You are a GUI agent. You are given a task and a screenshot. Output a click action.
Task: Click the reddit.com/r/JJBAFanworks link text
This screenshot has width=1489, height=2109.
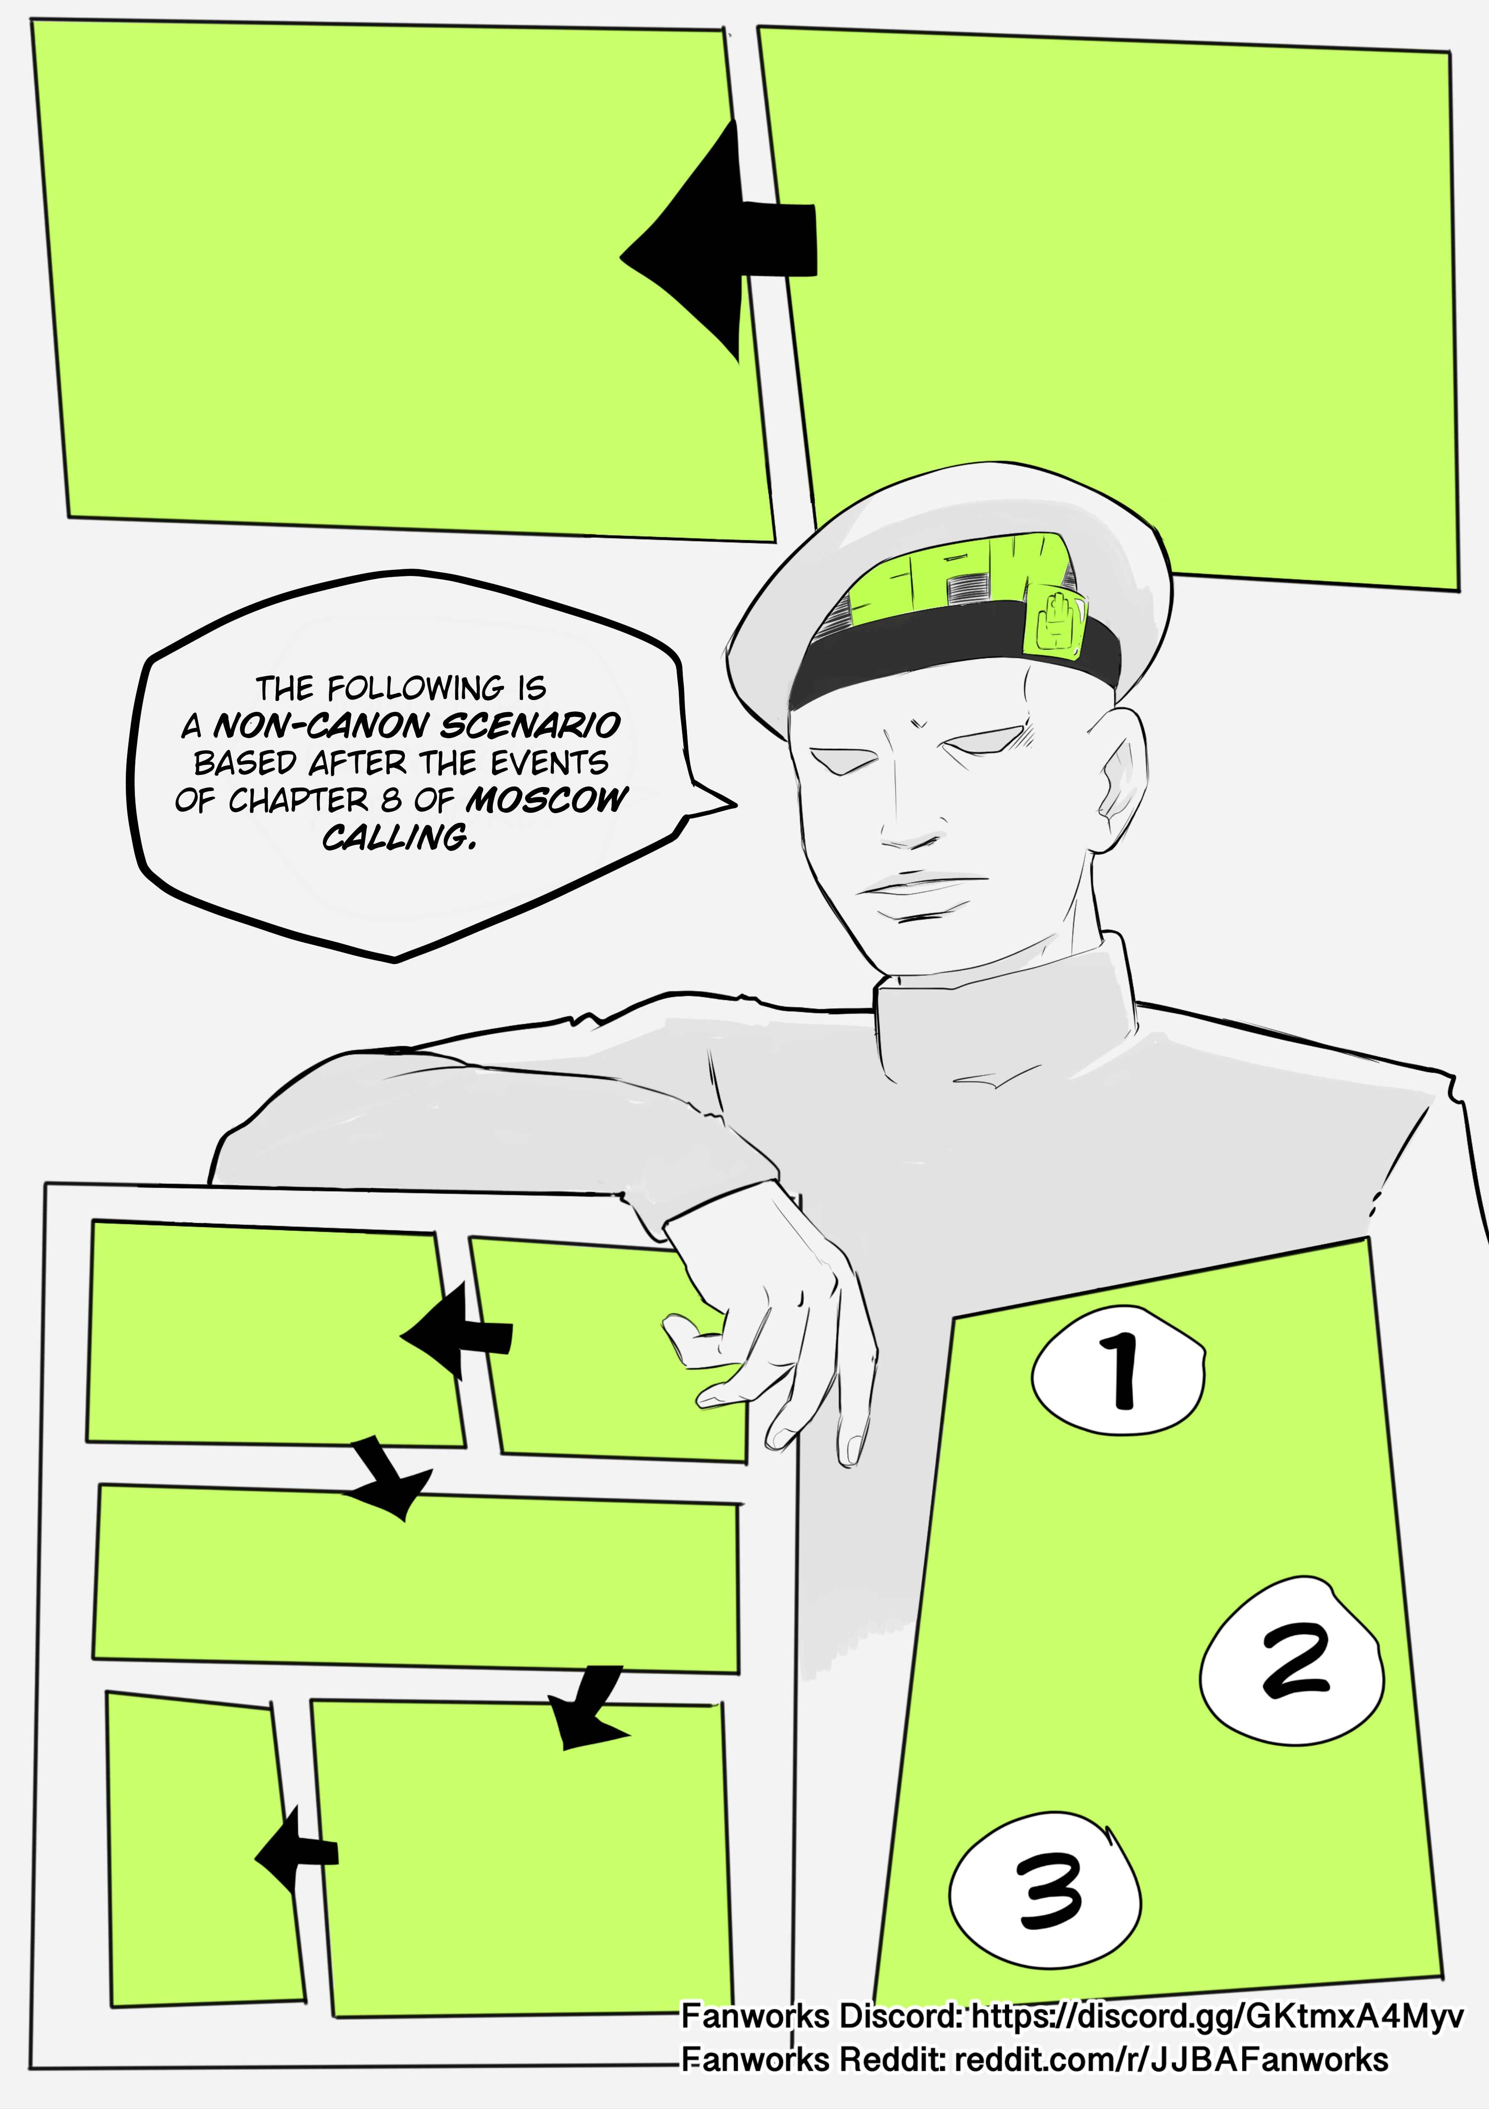[x=1171, y=2060]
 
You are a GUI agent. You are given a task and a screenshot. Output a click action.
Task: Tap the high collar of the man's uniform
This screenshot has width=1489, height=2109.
[x=1006, y=1010]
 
